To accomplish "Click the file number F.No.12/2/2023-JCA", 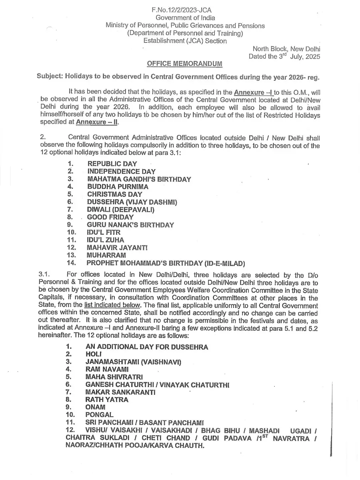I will tap(185, 10).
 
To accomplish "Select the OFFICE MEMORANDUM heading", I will tap(185, 64).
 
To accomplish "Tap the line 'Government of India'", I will tap(185, 18).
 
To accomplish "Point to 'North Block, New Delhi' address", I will tap(284, 49).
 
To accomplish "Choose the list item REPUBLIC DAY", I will tap(112, 164).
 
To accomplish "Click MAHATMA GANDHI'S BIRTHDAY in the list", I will tap(139, 179).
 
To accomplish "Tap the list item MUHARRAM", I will tap(106, 255).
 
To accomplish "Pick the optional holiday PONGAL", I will tap(99, 415).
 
